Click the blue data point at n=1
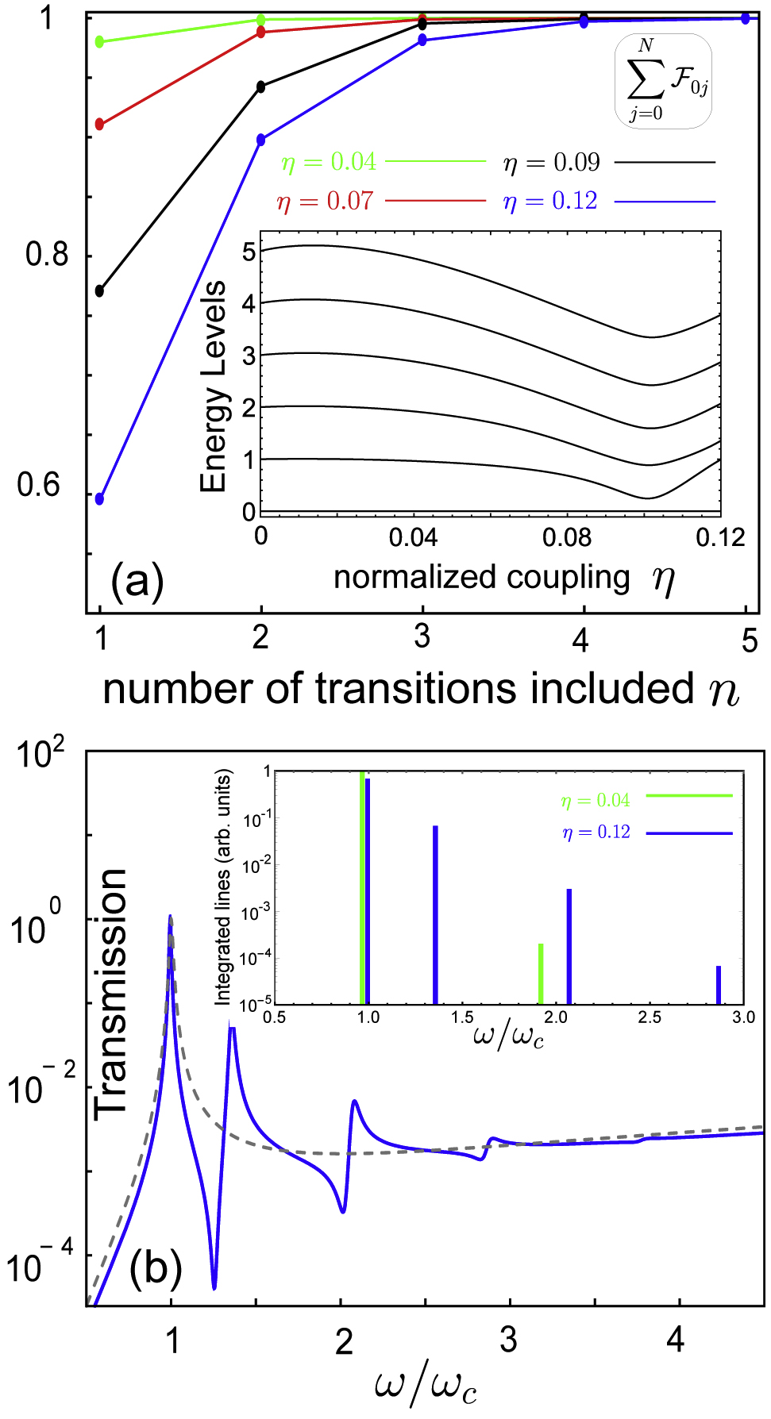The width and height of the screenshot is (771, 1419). coord(99,499)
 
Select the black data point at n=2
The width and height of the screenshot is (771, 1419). coord(261,87)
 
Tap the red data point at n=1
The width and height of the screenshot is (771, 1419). coord(99,125)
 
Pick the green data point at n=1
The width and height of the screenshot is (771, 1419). coord(99,42)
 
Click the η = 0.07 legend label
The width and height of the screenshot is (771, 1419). coord(325,202)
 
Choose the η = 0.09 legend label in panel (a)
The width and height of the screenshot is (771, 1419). coord(551,163)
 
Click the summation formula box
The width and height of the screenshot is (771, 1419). coord(664,82)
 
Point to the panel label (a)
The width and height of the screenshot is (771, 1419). coord(137,582)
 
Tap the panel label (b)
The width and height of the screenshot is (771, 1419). coord(156,1267)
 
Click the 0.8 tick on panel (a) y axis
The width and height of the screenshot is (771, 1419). coord(47,255)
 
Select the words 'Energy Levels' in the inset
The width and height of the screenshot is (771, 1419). coord(213,386)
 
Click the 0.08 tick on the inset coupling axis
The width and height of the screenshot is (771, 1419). coord(567,538)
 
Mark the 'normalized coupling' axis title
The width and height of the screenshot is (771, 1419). coord(481,577)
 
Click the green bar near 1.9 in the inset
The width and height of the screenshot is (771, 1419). coord(541,974)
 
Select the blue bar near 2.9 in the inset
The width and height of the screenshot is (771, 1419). coord(719,985)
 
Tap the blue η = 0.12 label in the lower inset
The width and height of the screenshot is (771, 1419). coord(596,833)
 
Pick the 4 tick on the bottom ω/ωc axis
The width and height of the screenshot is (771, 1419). coord(675,1340)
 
